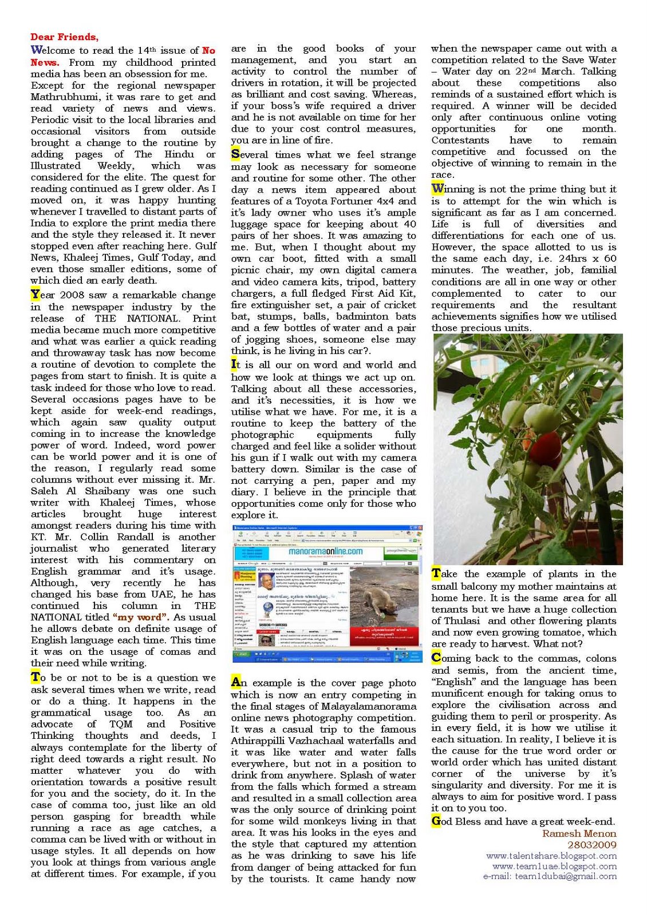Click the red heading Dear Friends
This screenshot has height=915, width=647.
64,37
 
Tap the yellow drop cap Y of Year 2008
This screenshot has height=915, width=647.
35,295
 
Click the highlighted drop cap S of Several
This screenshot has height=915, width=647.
235,154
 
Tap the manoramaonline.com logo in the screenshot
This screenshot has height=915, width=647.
325,551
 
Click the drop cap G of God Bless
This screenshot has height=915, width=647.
436,821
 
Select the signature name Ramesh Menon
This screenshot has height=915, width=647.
579,833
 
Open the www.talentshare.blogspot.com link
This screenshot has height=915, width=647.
551,856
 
